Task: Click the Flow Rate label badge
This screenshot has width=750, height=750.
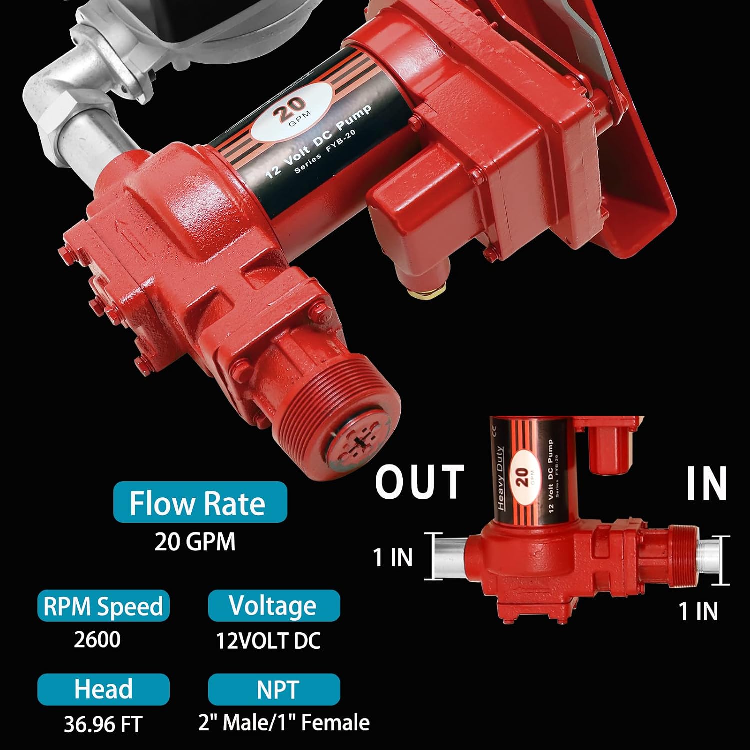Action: click(x=200, y=502)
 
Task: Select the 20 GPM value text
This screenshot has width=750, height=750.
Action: click(x=195, y=542)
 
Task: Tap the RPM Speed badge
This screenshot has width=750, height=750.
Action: click(x=103, y=606)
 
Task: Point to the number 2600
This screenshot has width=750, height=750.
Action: click(x=97, y=640)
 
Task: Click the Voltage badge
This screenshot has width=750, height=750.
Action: click(x=274, y=606)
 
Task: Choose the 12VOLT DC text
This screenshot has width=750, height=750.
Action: click(x=268, y=641)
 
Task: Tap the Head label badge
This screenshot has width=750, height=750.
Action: click(x=103, y=689)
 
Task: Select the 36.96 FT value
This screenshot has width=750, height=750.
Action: click(x=103, y=724)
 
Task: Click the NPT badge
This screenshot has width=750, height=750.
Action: click(x=274, y=689)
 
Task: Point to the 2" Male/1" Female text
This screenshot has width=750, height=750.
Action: click(x=284, y=723)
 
